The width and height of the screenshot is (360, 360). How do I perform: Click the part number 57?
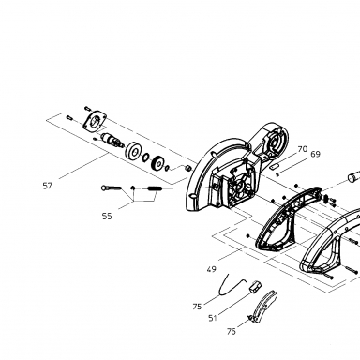tap(47, 186)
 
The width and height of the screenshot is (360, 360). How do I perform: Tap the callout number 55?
tap(107, 216)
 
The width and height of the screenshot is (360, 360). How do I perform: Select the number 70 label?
tap(303, 149)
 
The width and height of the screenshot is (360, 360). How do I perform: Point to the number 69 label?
tap(316, 154)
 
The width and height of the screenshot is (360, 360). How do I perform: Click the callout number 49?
tap(212, 269)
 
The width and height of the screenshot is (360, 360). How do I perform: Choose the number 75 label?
tap(197, 307)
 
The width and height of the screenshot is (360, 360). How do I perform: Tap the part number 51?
tap(213, 318)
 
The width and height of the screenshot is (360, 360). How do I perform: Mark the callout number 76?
tap(232, 331)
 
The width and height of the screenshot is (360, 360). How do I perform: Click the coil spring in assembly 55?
tap(155, 188)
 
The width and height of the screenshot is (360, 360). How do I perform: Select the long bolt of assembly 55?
tap(112, 187)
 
